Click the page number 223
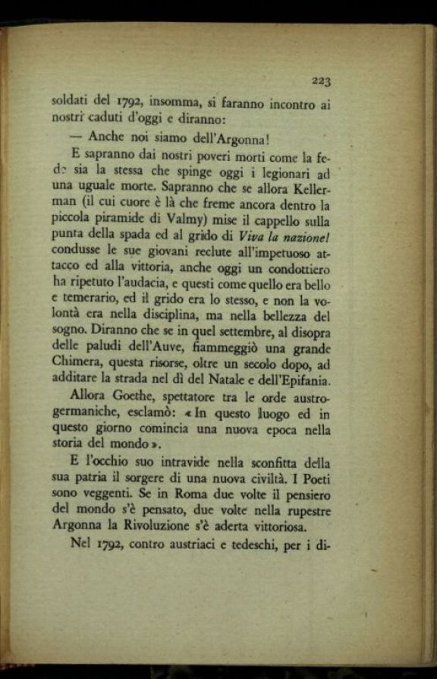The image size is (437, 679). [x=319, y=81]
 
